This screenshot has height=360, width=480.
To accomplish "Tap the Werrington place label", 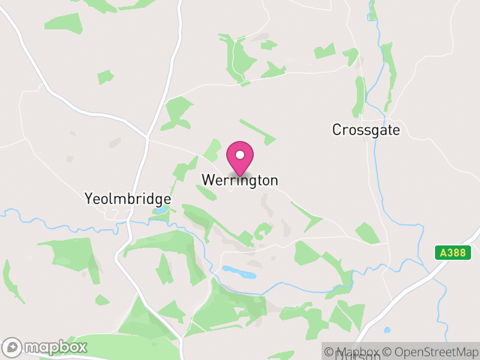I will pos(240,180).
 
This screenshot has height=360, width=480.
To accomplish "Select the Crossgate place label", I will pos(366,130).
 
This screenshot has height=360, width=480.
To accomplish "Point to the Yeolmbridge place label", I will pos(128,199).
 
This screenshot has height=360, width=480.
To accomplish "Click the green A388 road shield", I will pos(453,253).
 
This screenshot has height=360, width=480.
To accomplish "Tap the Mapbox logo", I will pos(45,347).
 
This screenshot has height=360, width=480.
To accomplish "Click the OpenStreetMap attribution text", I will pos(432,352).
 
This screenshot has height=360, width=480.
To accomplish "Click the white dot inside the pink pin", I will pos(240,155).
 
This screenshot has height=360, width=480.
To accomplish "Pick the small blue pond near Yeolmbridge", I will pos(160,211).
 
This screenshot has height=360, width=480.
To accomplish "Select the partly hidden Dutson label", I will pos(358,356).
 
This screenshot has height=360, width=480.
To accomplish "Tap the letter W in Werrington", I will pos(207,180).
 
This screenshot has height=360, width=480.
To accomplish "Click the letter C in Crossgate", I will pos(337,130).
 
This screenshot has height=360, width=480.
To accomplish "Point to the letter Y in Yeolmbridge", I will pos(89,199).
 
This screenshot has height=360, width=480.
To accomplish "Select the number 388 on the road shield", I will pos(456,253).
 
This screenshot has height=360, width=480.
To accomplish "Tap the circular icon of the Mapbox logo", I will pos(13,347).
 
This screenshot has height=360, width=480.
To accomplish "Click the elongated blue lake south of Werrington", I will pos(239,273).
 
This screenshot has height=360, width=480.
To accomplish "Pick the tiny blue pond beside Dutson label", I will pos(388,330).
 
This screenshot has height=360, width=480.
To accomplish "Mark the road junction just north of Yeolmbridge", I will pos(147,139).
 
